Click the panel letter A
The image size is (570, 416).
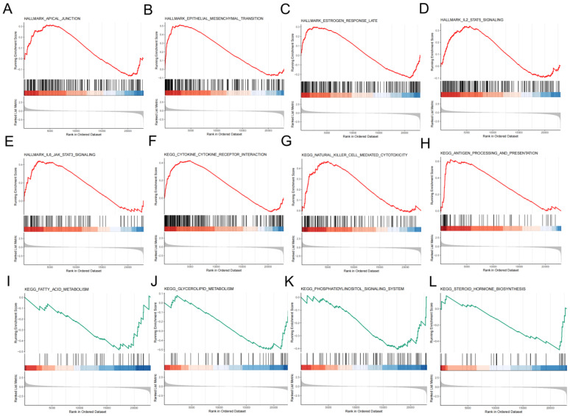coord(7,9)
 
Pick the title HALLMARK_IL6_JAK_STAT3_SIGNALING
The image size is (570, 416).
coord(57,155)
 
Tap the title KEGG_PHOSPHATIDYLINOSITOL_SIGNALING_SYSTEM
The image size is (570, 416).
coord(352,289)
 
